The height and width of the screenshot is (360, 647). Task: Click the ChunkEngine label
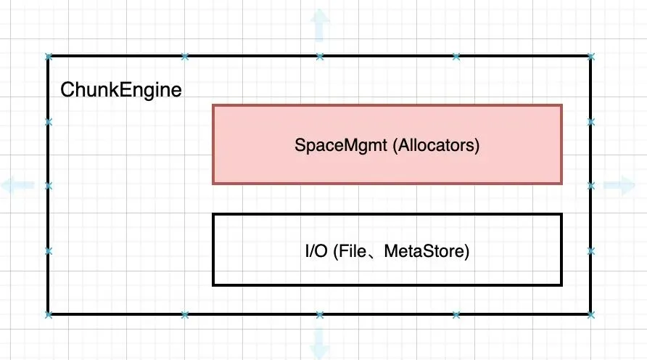point(121,90)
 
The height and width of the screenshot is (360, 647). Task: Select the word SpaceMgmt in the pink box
point(341,145)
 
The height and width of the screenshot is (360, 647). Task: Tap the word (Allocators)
point(436,145)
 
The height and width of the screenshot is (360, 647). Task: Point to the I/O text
point(316,251)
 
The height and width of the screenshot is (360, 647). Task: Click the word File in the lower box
point(350,251)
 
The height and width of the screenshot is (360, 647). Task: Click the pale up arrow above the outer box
point(319,25)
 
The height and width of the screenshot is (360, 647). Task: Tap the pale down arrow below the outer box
point(319,343)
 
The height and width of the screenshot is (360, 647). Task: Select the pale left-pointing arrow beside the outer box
point(17,184)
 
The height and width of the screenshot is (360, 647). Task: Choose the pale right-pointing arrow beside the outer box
point(619,184)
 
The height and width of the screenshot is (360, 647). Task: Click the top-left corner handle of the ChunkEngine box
point(49,57)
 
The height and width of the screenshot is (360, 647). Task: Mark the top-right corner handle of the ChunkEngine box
point(591,57)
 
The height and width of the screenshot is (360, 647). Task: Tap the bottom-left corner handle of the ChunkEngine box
point(49,315)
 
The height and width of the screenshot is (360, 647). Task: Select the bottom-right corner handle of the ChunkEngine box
point(591,315)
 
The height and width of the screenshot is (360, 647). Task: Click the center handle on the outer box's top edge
point(320,57)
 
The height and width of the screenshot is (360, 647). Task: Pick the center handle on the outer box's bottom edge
point(320,315)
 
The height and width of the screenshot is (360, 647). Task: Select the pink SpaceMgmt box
point(387,144)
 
